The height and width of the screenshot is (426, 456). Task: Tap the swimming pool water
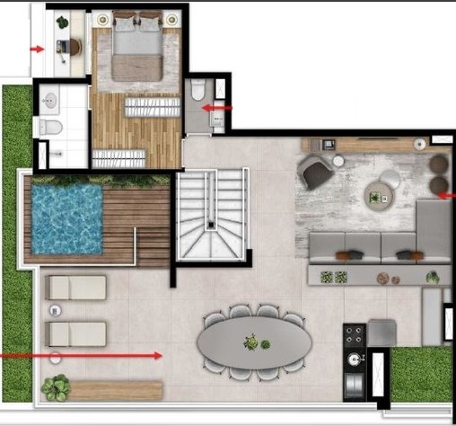[66, 217]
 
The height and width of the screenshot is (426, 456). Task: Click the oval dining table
[256, 342]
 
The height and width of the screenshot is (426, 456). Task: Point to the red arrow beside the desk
[37, 49]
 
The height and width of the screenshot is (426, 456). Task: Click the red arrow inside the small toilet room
[217, 108]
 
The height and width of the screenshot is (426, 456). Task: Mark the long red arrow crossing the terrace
[81, 356]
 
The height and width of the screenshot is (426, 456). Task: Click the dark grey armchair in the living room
[316, 172]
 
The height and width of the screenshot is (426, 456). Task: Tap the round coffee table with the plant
[378, 193]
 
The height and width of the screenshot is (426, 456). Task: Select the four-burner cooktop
[355, 336]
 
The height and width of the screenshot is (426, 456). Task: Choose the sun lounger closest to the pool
[76, 288]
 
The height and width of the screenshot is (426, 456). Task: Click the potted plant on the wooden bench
[56, 387]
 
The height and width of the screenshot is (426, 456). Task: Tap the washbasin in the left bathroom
[49, 102]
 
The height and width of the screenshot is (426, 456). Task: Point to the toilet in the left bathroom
[51, 129]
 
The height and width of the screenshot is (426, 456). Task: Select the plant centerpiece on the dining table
[253, 342]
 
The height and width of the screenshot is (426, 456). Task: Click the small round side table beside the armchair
[338, 161]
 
